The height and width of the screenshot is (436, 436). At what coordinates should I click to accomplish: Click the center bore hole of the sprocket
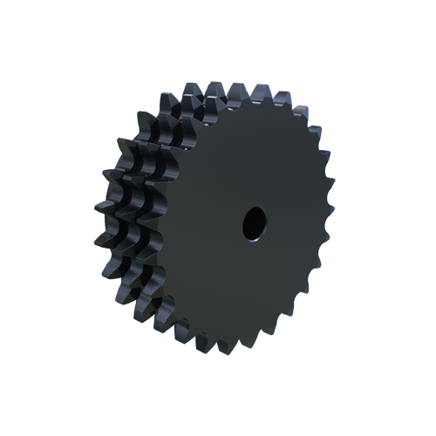(253, 224)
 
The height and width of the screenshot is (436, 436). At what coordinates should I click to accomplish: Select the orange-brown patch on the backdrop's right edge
(330, 166)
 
